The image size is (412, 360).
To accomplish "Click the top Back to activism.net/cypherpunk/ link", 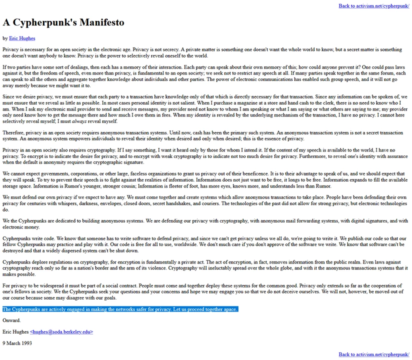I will point(373,6).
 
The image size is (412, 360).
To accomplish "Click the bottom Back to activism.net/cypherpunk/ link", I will point(373,354).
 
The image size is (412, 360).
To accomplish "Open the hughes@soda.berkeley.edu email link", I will point(61,332).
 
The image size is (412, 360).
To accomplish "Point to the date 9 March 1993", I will point(17,343).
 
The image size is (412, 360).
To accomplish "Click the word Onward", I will point(11,320).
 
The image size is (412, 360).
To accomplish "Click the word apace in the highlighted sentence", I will point(230,309).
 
